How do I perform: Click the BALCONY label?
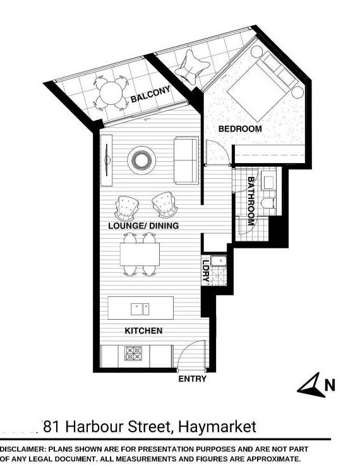tap(150, 94)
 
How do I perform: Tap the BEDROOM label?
tap(240, 129)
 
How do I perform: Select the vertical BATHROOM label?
tap(251, 201)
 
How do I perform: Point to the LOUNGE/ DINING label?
tap(143, 226)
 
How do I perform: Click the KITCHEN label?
tap(143, 330)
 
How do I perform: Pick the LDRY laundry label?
tap(206, 270)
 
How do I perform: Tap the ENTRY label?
tap(193, 378)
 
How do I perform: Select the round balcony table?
tap(111, 94)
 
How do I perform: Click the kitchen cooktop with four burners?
tap(133, 353)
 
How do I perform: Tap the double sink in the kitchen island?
tap(140, 309)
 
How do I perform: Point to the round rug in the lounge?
tap(141, 160)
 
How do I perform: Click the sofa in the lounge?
tap(186, 160)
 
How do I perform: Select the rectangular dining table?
tap(140, 254)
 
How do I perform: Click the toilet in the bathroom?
tap(268, 203)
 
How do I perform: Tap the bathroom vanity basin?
tap(268, 181)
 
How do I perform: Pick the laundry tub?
tap(219, 261)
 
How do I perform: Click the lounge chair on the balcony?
tap(192, 68)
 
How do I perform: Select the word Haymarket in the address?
tap(217, 427)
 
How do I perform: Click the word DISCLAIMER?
tap(23, 450)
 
